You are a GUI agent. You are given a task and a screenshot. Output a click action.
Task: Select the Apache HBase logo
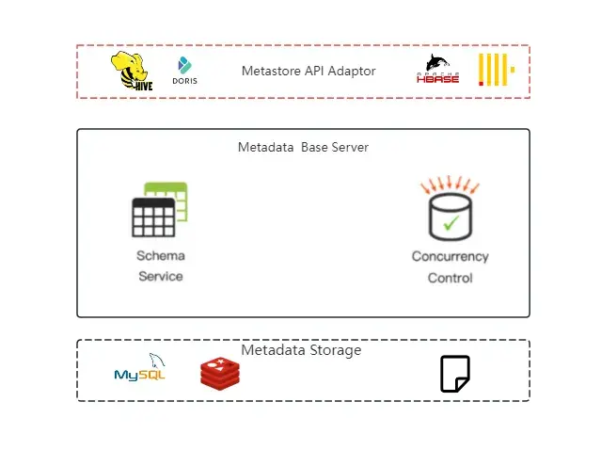[438, 71]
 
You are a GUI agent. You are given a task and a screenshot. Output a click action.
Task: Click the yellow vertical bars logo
[495, 70]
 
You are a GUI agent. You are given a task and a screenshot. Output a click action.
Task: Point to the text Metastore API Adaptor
[308, 71]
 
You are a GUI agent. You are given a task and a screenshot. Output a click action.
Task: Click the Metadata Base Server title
[303, 147]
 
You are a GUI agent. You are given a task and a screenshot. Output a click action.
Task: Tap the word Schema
[161, 256]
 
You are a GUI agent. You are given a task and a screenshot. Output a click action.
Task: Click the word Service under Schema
[161, 276]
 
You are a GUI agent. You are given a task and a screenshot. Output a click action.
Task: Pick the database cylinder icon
[450, 217]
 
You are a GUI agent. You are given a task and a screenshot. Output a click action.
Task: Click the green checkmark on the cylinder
[451, 223]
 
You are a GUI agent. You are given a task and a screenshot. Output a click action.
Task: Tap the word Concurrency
[450, 257]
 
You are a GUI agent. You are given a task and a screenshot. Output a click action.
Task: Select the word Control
[450, 278]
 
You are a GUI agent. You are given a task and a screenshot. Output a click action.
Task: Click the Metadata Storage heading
[301, 350]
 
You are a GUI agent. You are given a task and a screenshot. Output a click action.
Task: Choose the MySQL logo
[140, 369]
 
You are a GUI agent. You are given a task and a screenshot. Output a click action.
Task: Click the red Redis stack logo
[220, 373]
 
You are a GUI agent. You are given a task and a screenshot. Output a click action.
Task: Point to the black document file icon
[455, 374]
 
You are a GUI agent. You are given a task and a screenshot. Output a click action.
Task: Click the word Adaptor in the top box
[351, 71]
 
